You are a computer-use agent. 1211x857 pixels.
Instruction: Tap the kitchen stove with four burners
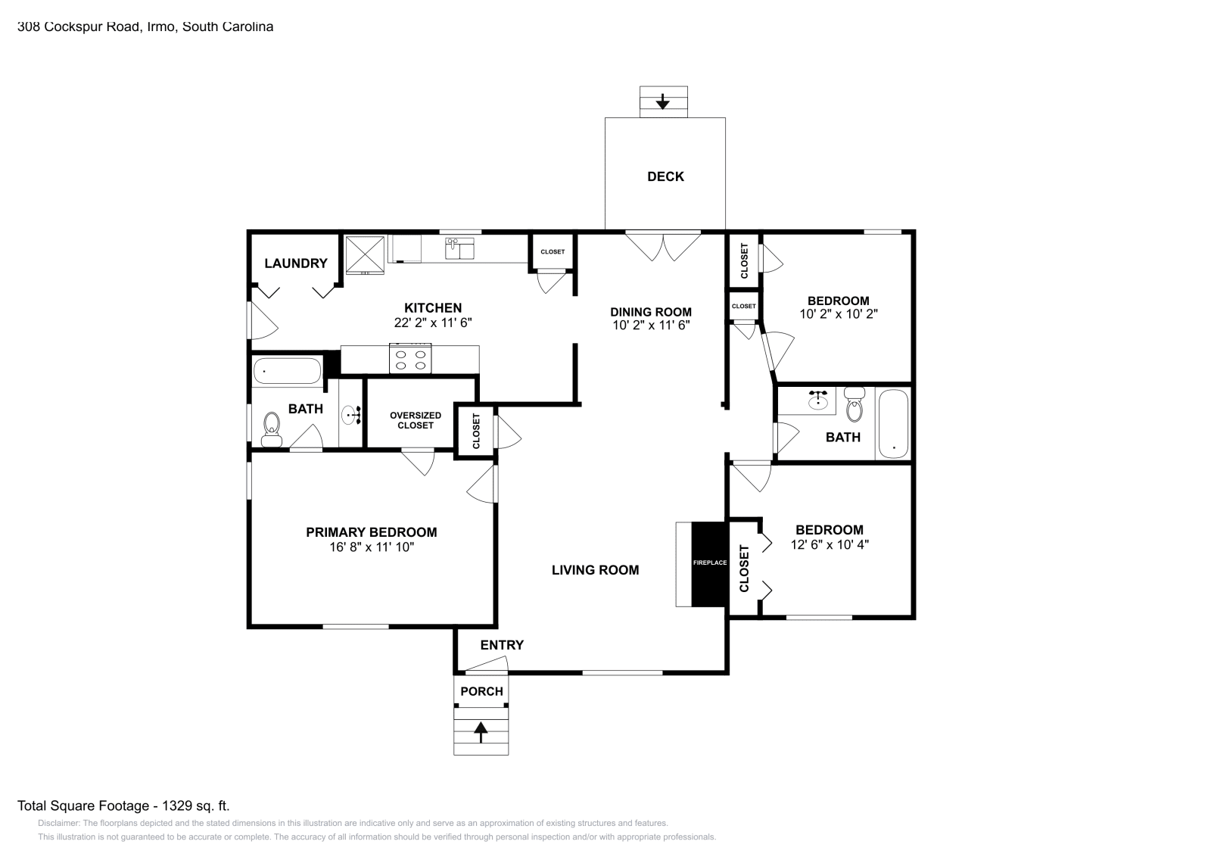[x=409, y=359]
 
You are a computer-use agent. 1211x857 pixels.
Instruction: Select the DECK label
[x=665, y=176]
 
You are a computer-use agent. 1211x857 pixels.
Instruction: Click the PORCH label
[x=481, y=691]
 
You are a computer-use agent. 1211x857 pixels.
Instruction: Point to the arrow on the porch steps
[x=481, y=733]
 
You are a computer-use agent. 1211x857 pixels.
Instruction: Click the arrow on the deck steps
[x=663, y=101]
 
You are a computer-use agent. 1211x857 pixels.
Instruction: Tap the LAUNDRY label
[x=296, y=263]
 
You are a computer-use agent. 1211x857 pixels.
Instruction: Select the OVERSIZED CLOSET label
[x=416, y=420]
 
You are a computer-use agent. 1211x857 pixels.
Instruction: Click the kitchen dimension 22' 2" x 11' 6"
[x=433, y=323]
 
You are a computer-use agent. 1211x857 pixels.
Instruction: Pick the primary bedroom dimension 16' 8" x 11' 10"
[x=372, y=547]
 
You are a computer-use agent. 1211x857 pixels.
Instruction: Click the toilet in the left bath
[x=272, y=429]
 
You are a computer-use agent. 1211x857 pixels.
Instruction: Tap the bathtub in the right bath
[x=893, y=424]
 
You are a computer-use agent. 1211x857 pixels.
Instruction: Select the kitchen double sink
[x=459, y=248]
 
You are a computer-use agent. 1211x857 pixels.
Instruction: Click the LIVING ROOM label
[x=595, y=570]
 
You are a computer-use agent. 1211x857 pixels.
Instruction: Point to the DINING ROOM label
[x=651, y=312]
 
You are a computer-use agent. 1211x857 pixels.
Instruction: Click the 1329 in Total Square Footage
[x=177, y=806]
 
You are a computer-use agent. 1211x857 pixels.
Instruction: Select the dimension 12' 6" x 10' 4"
[x=830, y=544]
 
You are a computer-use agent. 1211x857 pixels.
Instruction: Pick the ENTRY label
[x=503, y=645]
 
